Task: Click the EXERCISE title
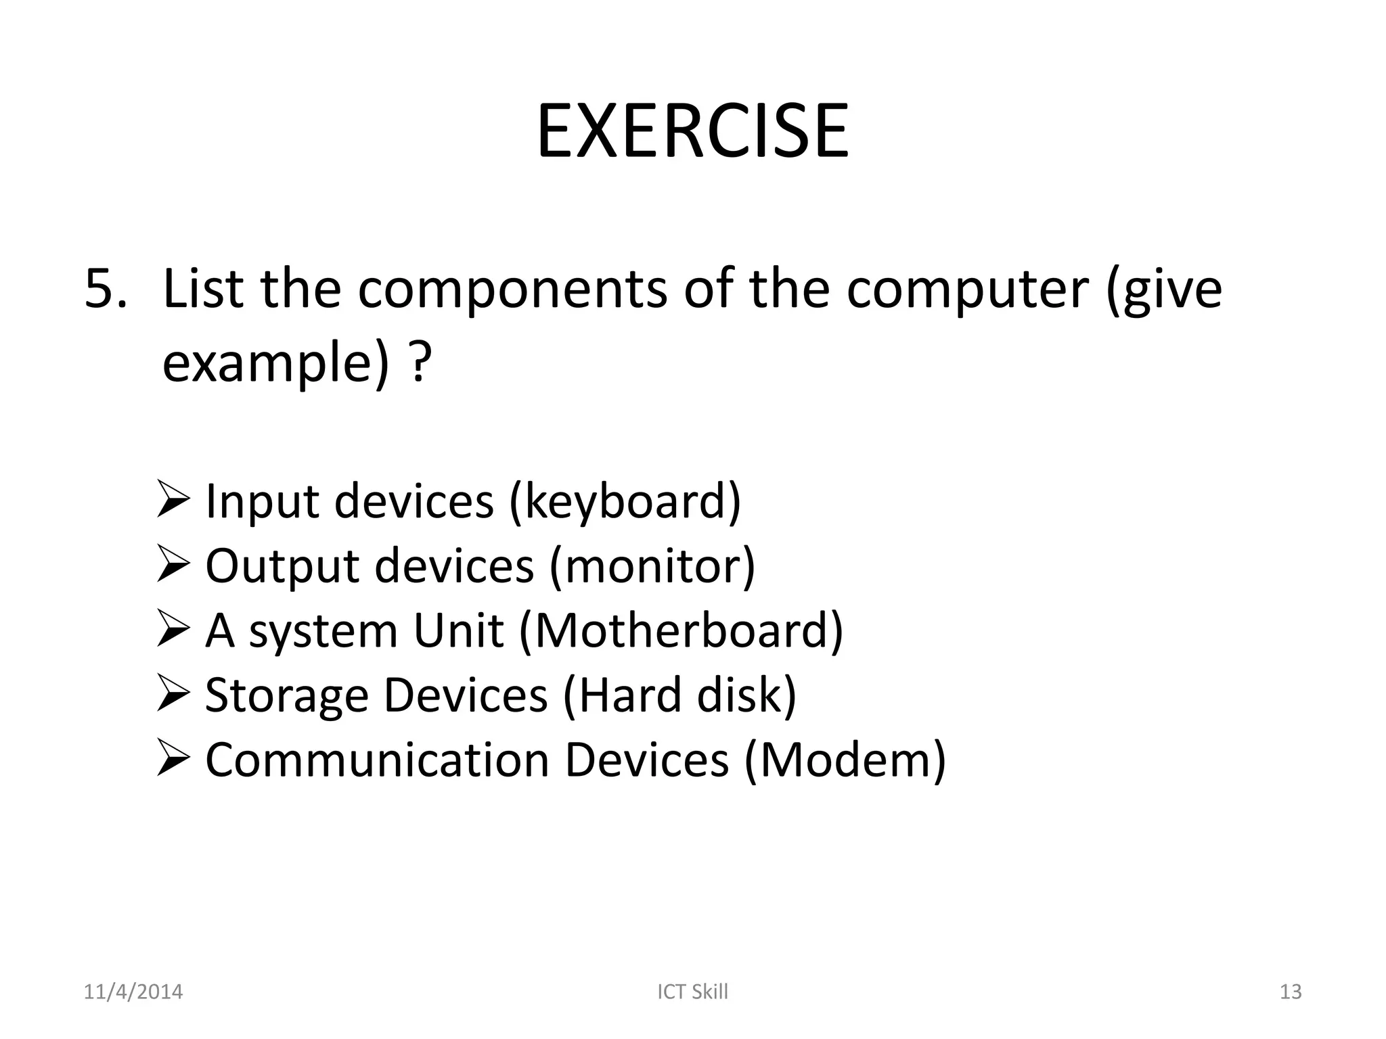click(692, 131)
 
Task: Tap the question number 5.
click(105, 290)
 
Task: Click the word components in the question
click(512, 290)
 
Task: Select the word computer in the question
click(967, 290)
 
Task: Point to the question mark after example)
click(421, 364)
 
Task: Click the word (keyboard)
click(625, 502)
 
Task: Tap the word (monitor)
click(652, 566)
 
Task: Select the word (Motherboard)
click(681, 631)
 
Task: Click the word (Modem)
click(845, 760)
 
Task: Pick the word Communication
click(377, 760)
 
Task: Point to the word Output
click(282, 566)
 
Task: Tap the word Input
click(262, 502)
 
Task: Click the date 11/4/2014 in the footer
click(133, 992)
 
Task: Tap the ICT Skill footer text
click(692, 992)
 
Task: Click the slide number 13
click(1291, 992)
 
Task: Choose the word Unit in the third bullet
click(458, 631)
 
